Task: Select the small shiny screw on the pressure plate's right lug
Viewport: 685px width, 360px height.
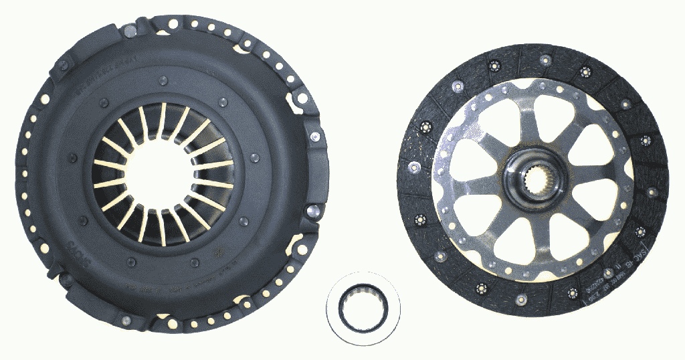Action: [314, 136]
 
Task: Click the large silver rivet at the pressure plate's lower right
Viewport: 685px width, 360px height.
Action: [310, 211]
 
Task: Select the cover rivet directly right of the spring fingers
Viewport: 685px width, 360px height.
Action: [254, 159]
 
